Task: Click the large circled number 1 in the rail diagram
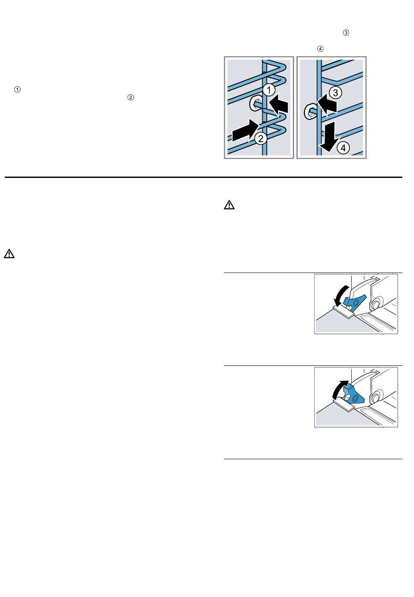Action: click(270, 90)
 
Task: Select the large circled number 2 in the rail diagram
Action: click(260, 139)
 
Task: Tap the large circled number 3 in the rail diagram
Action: click(335, 92)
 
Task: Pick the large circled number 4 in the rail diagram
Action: click(344, 148)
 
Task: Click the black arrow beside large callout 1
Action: click(279, 106)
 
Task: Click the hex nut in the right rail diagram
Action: click(310, 111)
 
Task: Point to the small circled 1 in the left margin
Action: click(17, 90)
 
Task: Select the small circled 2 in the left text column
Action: click(130, 98)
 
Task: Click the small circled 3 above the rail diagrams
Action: click(346, 33)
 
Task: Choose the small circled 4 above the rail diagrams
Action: click(321, 49)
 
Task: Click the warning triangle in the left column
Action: click(10, 254)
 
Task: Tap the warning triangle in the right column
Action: click(229, 205)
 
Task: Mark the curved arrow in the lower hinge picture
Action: click(340, 389)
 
